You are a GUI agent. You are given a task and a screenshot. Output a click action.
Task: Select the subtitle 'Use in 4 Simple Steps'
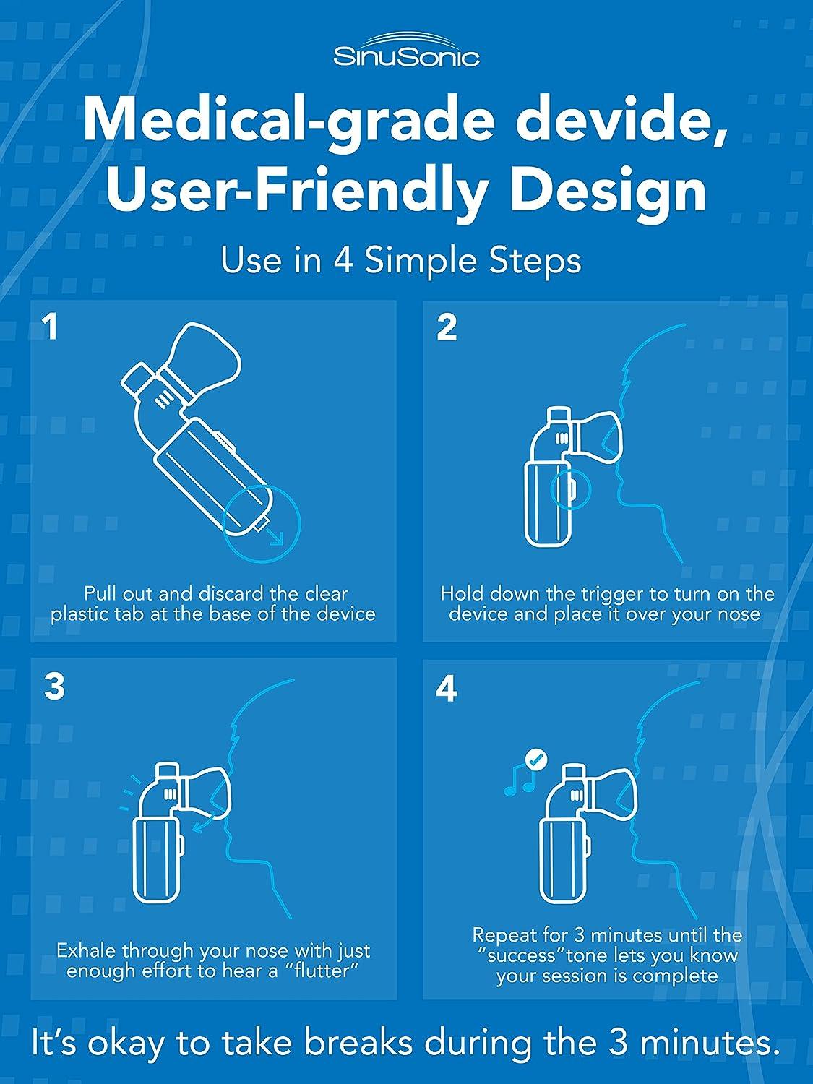coord(401,260)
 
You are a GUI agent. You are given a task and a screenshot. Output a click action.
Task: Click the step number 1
coord(51,327)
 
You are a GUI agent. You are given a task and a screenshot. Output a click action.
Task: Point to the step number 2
coord(447,328)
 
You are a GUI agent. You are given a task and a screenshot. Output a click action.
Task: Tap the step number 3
coord(53,687)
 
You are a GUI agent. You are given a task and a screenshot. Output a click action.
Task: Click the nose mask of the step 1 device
coord(207,360)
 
